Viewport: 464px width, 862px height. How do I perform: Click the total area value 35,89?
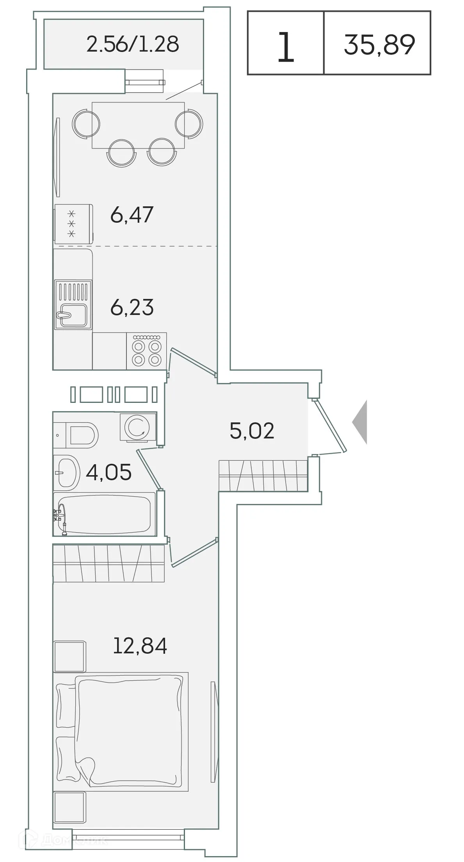click(379, 45)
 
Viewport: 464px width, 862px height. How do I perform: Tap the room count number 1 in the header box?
click(285, 48)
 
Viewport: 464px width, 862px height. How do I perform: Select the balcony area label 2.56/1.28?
click(133, 44)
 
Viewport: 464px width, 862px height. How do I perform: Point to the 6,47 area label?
click(132, 215)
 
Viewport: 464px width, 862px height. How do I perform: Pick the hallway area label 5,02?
click(252, 431)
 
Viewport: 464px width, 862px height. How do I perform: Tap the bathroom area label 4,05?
click(108, 472)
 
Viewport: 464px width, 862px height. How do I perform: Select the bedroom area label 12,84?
click(140, 646)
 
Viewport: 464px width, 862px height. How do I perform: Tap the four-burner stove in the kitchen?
click(146, 351)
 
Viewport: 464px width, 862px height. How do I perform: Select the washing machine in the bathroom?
click(138, 427)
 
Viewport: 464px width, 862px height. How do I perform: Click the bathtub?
click(105, 513)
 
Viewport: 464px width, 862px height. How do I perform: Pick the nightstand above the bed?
click(69, 656)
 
